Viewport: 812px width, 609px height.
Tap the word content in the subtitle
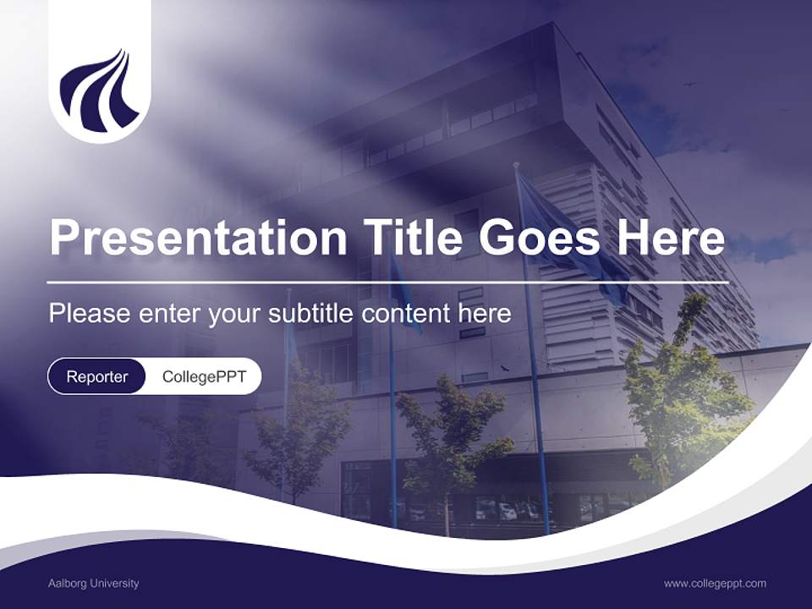pos(405,314)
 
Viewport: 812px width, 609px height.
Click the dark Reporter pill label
pos(96,376)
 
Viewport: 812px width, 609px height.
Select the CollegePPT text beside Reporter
pos(203,376)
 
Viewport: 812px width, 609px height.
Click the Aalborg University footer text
pos(93,584)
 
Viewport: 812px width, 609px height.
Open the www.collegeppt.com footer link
pos(715,584)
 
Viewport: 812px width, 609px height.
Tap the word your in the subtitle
pos(235,314)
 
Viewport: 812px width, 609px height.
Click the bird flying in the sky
pos(689,84)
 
